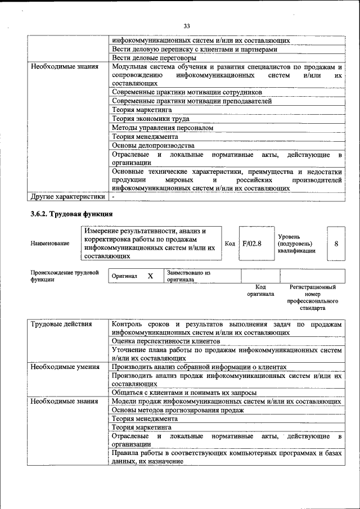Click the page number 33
point(187,26)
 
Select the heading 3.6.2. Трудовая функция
point(71,214)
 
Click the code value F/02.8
point(251,244)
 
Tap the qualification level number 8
point(336,244)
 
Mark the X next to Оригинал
point(150,276)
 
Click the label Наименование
point(51,244)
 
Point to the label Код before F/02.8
point(229,244)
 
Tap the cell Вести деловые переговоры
point(154,58)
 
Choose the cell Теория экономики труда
point(151,119)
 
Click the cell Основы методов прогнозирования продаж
point(178,410)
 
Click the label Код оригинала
point(260,290)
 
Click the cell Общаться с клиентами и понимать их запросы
point(184,393)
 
